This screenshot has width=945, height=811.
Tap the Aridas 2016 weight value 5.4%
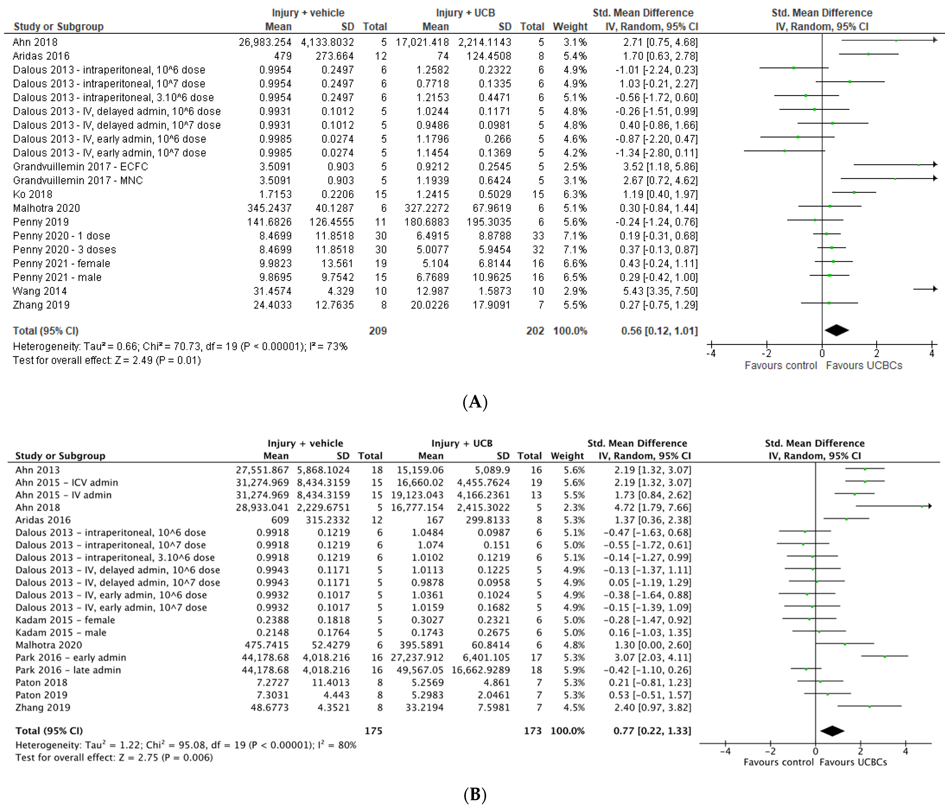[575, 56]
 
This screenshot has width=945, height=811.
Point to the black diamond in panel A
[836, 330]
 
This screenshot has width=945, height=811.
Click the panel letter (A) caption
[475, 402]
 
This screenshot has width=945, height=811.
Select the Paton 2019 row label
[41, 695]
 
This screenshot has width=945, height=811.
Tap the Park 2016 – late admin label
[68, 670]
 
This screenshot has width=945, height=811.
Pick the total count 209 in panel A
[378, 331]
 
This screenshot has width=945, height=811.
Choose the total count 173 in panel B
[533, 731]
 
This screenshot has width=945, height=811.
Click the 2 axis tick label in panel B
[860, 751]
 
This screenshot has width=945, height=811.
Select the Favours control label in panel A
[780, 366]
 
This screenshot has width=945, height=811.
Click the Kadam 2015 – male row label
[61, 633]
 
